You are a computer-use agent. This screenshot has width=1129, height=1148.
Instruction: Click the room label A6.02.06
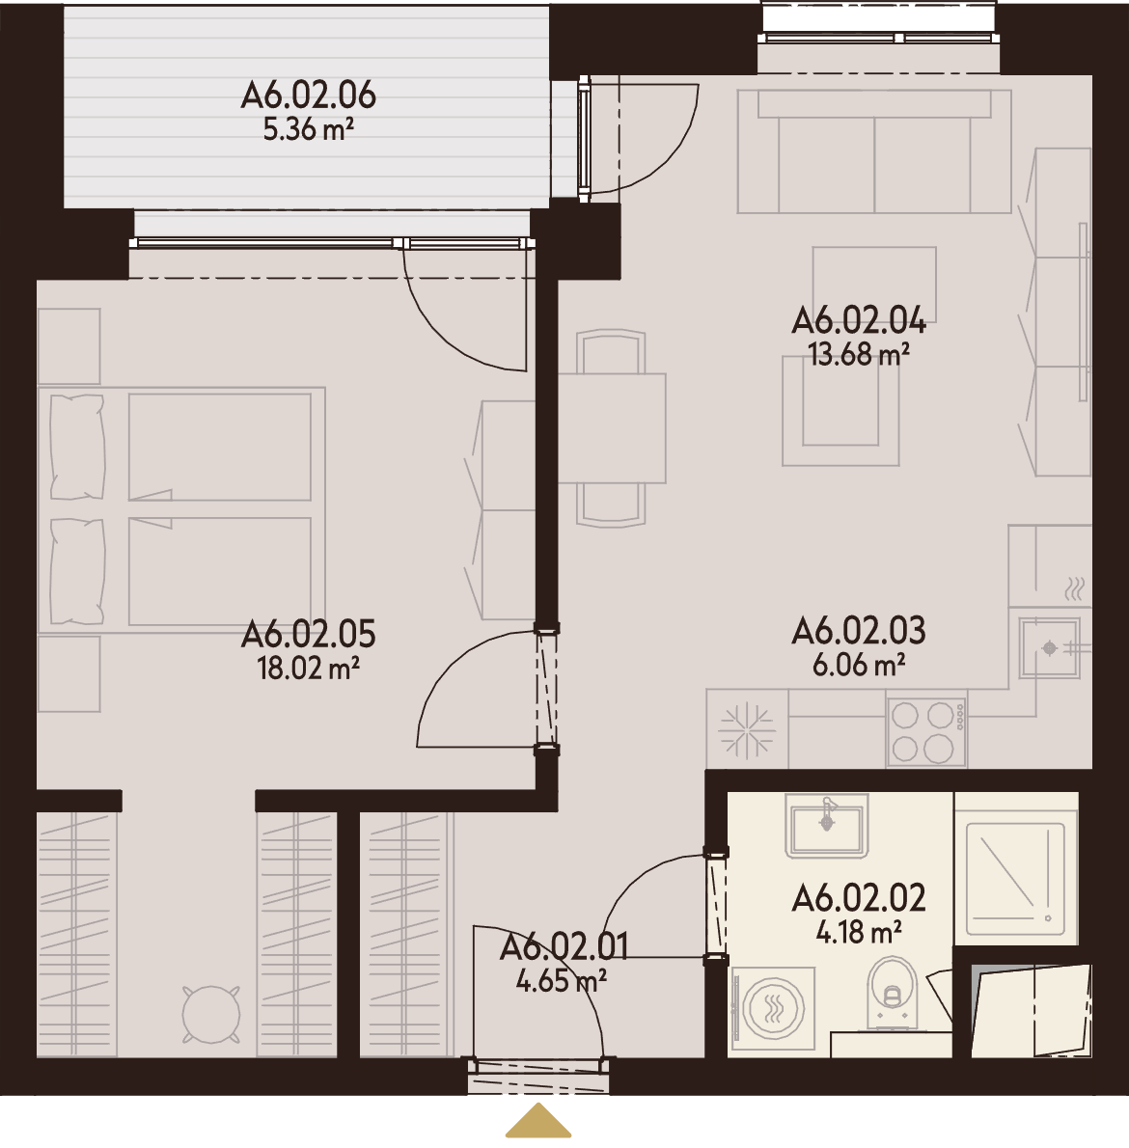click(308, 96)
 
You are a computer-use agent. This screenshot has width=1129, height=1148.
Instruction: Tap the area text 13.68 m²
click(859, 354)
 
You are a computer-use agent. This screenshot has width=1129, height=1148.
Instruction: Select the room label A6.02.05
click(308, 634)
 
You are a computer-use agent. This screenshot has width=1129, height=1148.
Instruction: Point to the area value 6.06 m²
click(859, 665)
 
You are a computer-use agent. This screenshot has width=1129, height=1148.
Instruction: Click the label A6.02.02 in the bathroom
click(859, 897)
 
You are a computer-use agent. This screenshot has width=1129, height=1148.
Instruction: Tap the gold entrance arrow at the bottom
click(538, 1120)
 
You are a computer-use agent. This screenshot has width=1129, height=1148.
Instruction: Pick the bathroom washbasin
click(826, 825)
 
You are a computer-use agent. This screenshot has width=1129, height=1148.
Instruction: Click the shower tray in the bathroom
click(1015, 879)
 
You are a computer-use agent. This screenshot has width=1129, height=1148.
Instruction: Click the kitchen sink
click(1049, 648)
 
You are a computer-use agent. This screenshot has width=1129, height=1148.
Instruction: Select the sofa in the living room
click(874, 151)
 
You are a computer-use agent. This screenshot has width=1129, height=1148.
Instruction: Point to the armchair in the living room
click(840, 411)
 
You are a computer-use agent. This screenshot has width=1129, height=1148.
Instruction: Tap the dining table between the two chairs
click(612, 428)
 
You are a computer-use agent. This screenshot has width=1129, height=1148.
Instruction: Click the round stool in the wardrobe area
click(211, 1014)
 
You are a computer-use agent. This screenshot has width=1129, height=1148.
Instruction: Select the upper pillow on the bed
click(77, 447)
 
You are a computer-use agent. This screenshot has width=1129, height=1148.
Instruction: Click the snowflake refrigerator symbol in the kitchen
click(747, 730)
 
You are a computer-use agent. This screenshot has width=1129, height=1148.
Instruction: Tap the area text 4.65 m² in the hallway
click(562, 980)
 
